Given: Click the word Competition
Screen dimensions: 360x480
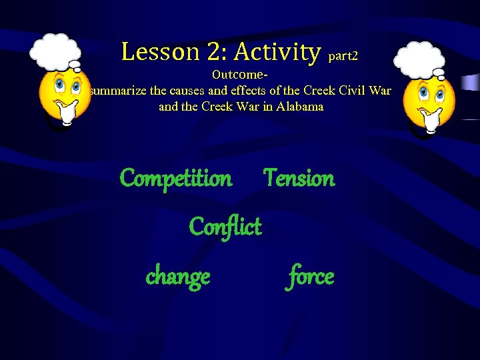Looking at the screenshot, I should point(176,179).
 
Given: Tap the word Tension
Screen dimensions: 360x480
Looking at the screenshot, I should point(299,178).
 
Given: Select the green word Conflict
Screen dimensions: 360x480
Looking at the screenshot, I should point(225,227).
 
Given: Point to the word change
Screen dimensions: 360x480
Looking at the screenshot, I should point(178,275).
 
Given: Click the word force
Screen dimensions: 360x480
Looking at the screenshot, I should point(310,275).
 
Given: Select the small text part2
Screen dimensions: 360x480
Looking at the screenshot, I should point(343,57).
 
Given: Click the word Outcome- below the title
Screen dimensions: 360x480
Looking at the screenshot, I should point(240,75).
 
